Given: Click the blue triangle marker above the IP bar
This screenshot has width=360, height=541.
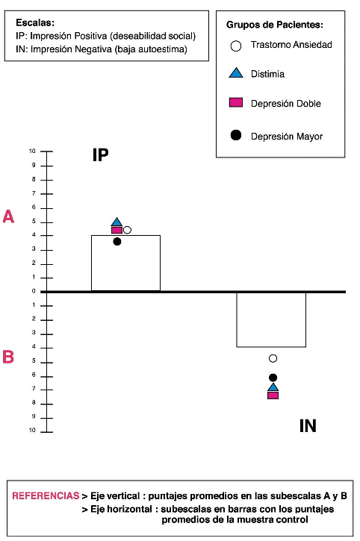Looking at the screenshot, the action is pyautogui.click(x=117, y=222).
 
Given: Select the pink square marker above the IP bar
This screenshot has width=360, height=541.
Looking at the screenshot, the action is pyautogui.click(x=117, y=230).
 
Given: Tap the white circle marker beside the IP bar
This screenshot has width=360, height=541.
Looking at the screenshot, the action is pyautogui.click(x=127, y=230).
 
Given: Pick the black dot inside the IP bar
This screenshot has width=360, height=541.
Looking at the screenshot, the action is pyautogui.click(x=117, y=242).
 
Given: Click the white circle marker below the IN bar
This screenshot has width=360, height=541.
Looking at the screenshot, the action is pyautogui.click(x=273, y=358).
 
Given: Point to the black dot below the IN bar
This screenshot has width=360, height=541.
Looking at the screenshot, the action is pyautogui.click(x=273, y=378).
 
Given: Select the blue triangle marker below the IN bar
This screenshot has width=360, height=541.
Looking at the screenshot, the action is pyautogui.click(x=273, y=387).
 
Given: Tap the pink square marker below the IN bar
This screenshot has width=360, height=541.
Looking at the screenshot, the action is pyautogui.click(x=273, y=395).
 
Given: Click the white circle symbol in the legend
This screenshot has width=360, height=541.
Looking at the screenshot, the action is pyautogui.click(x=235, y=46).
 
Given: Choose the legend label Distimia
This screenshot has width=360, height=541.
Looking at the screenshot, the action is pyautogui.click(x=267, y=74).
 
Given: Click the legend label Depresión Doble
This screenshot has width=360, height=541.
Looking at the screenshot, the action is pyautogui.click(x=286, y=104).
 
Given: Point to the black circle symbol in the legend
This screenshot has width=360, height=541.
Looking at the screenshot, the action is pyautogui.click(x=235, y=135).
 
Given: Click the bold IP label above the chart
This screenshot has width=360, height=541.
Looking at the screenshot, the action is pyautogui.click(x=101, y=155).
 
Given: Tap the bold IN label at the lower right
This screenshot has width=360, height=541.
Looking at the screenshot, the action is pyautogui.click(x=308, y=426).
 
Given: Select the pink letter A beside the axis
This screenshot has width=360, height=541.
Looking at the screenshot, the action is pyautogui.click(x=8, y=216).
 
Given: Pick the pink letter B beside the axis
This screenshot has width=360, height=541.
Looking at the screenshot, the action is pyautogui.click(x=8, y=357).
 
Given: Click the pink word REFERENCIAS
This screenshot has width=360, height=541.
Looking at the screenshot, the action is pyautogui.click(x=46, y=495).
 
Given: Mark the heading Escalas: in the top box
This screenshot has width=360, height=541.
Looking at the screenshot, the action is pyautogui.click(x=35, y=23).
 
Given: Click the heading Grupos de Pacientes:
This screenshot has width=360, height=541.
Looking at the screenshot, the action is pyautogui.click(x=275, y=25).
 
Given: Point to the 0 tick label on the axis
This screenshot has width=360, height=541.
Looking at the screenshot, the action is pyautogui.click(x=34, y=291).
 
